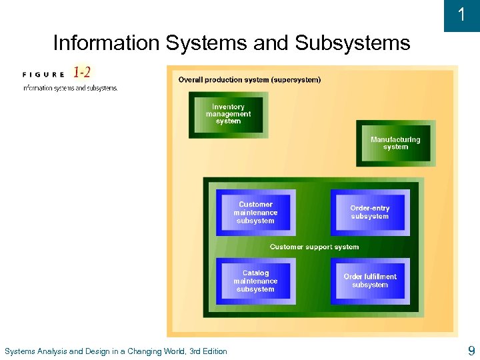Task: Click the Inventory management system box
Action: [x=228, y=115]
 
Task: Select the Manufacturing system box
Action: [x=395, y=143]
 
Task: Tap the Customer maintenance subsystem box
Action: [x=255, y=213]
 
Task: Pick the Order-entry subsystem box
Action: [x=369, y=212]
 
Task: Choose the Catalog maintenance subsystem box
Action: [x=255, y=281]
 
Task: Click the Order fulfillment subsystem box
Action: [x=369, y=281]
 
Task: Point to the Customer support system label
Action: [x=314, y=247]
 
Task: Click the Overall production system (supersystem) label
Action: [x=249, y=80]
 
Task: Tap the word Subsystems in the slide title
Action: [x=352, y=43]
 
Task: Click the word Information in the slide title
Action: [x=106, y=43]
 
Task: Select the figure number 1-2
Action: [x=83, y=72]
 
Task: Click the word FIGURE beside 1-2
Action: [x=44, y=74]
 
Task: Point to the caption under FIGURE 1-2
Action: [x=70, y=88]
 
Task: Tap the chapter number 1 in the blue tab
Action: [x=462, y=15]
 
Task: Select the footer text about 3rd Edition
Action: [x=115, y=351]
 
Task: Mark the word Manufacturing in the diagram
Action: [x=395, y=139]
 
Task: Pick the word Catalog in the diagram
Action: [x=255, y=273]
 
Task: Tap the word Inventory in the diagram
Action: [x=228, y=107]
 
